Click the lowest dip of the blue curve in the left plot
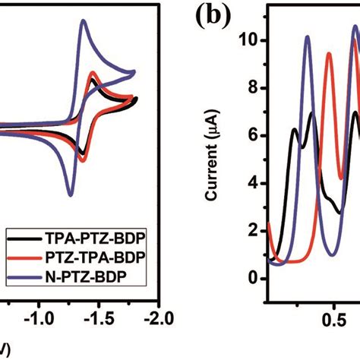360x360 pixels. (71, 195)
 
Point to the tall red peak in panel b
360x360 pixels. (329, 53)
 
